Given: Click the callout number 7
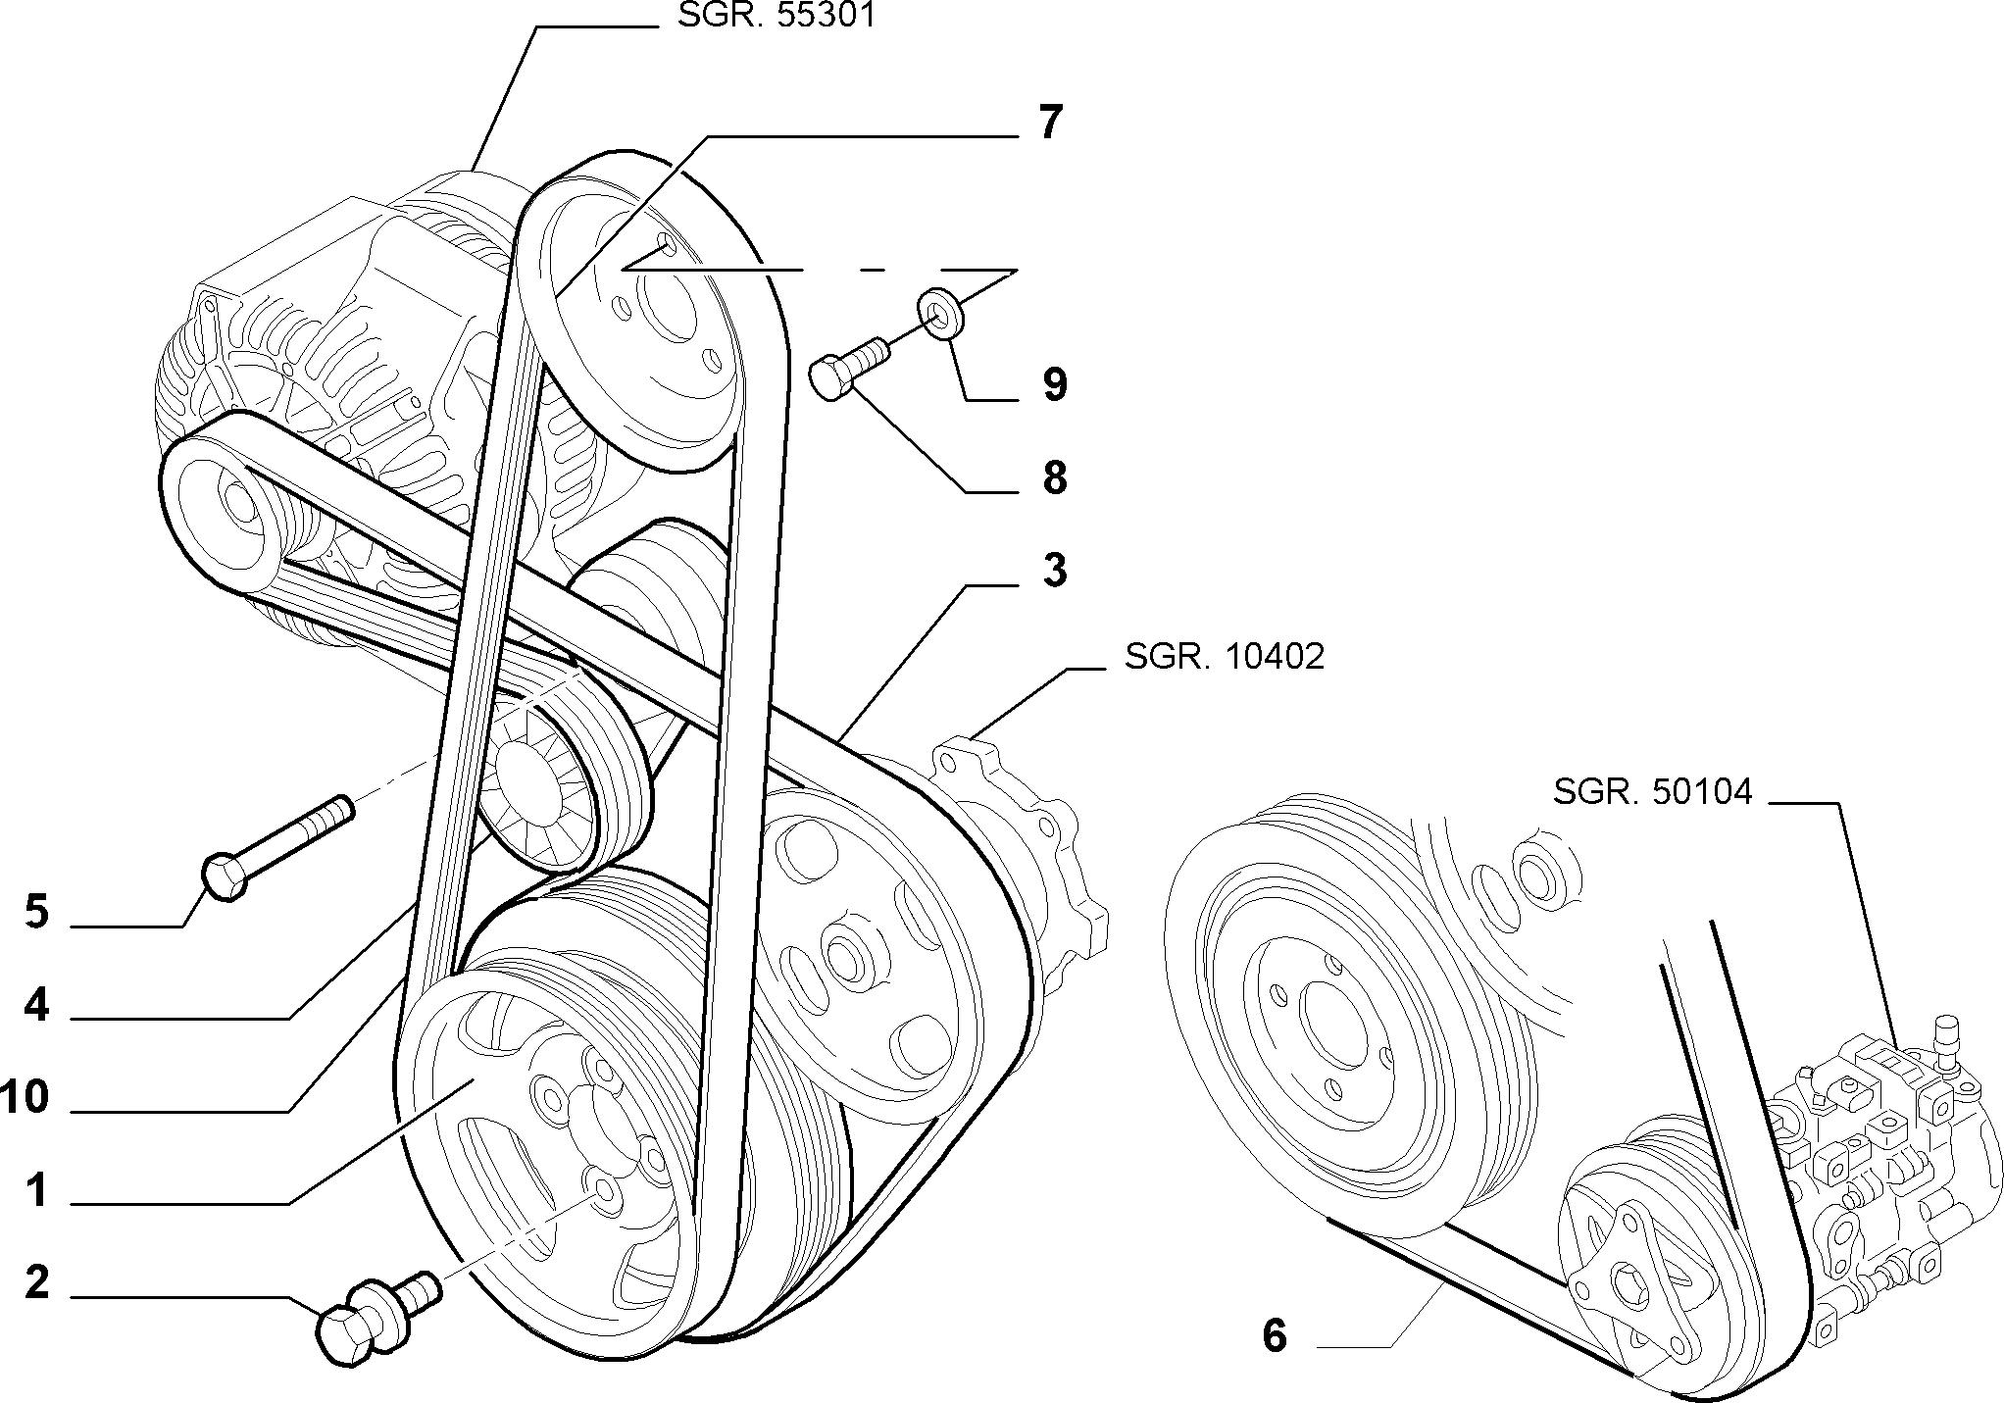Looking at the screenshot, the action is tap(1049, 124).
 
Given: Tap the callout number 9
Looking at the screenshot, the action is tap(1054, 384).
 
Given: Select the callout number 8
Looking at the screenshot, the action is tap(1054, 478).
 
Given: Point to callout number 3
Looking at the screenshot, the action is tap(1054, 570).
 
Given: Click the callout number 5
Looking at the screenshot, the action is tap(36, 912).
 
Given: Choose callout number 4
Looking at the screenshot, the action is tap(36, 1006).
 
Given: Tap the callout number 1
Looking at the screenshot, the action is tap(37, 1191).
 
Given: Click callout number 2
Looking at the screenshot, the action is tap(36, 1282).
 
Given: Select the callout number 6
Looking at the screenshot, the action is tap(1274, 1335).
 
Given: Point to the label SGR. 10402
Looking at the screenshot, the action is tap(1225, 656).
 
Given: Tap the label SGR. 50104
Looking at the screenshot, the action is tap(1652, 791).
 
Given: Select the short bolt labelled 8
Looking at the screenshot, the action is tap(848, 368).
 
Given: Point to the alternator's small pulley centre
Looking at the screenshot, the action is tap(237, 500).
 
